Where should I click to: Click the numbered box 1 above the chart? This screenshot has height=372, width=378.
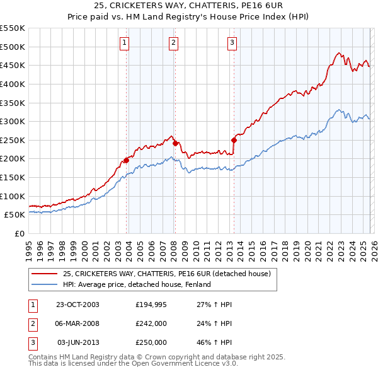[124, 43]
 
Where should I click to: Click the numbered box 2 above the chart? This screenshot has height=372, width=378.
[173, 43]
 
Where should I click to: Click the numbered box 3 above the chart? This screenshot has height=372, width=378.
[232, 43]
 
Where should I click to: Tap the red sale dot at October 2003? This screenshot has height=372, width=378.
[126, 160]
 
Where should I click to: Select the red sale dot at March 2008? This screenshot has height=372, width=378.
[175, 142]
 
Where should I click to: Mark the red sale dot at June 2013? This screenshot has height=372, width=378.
[234, 140]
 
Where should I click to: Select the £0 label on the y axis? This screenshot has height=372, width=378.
[19, 233]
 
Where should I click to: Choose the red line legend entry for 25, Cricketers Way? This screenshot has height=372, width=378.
[166, 274]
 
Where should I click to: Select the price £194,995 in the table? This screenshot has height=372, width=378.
[151, 305]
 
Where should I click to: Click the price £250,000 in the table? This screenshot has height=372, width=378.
[151, 342]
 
